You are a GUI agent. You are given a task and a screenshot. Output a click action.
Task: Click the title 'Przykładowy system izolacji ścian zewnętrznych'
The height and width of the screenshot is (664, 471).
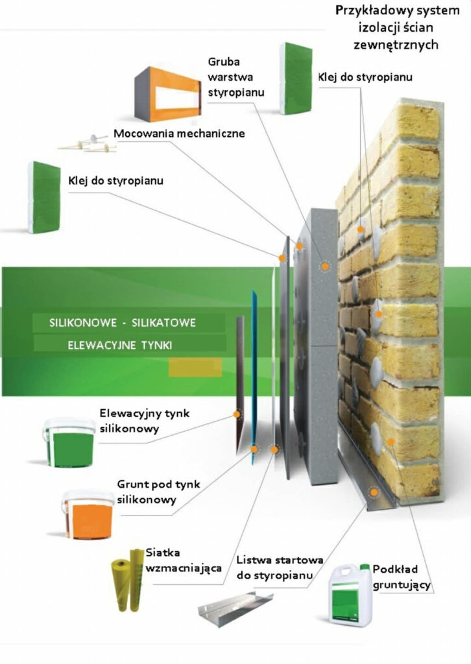click(x=396, y=28)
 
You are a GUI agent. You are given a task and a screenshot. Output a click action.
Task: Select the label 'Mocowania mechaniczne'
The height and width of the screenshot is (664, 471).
click(x=179, y=134)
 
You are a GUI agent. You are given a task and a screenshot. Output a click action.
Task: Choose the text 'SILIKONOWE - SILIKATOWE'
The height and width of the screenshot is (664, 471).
click(x=122, y=323)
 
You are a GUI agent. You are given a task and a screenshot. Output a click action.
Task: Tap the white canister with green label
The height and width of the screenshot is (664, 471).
click(x=350, y=595)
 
